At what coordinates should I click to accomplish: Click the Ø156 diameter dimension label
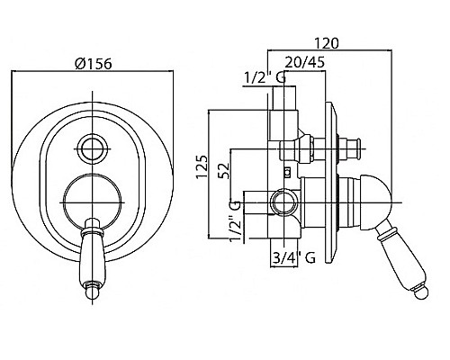click(94, 63)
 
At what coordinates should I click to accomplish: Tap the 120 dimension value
click(327, 43)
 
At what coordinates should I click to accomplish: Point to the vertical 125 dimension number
click(202, 166)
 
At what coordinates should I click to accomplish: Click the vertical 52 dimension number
click(225, 170)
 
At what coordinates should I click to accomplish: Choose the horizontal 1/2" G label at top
click(265, 78)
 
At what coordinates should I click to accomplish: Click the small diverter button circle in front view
click(93, 148)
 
